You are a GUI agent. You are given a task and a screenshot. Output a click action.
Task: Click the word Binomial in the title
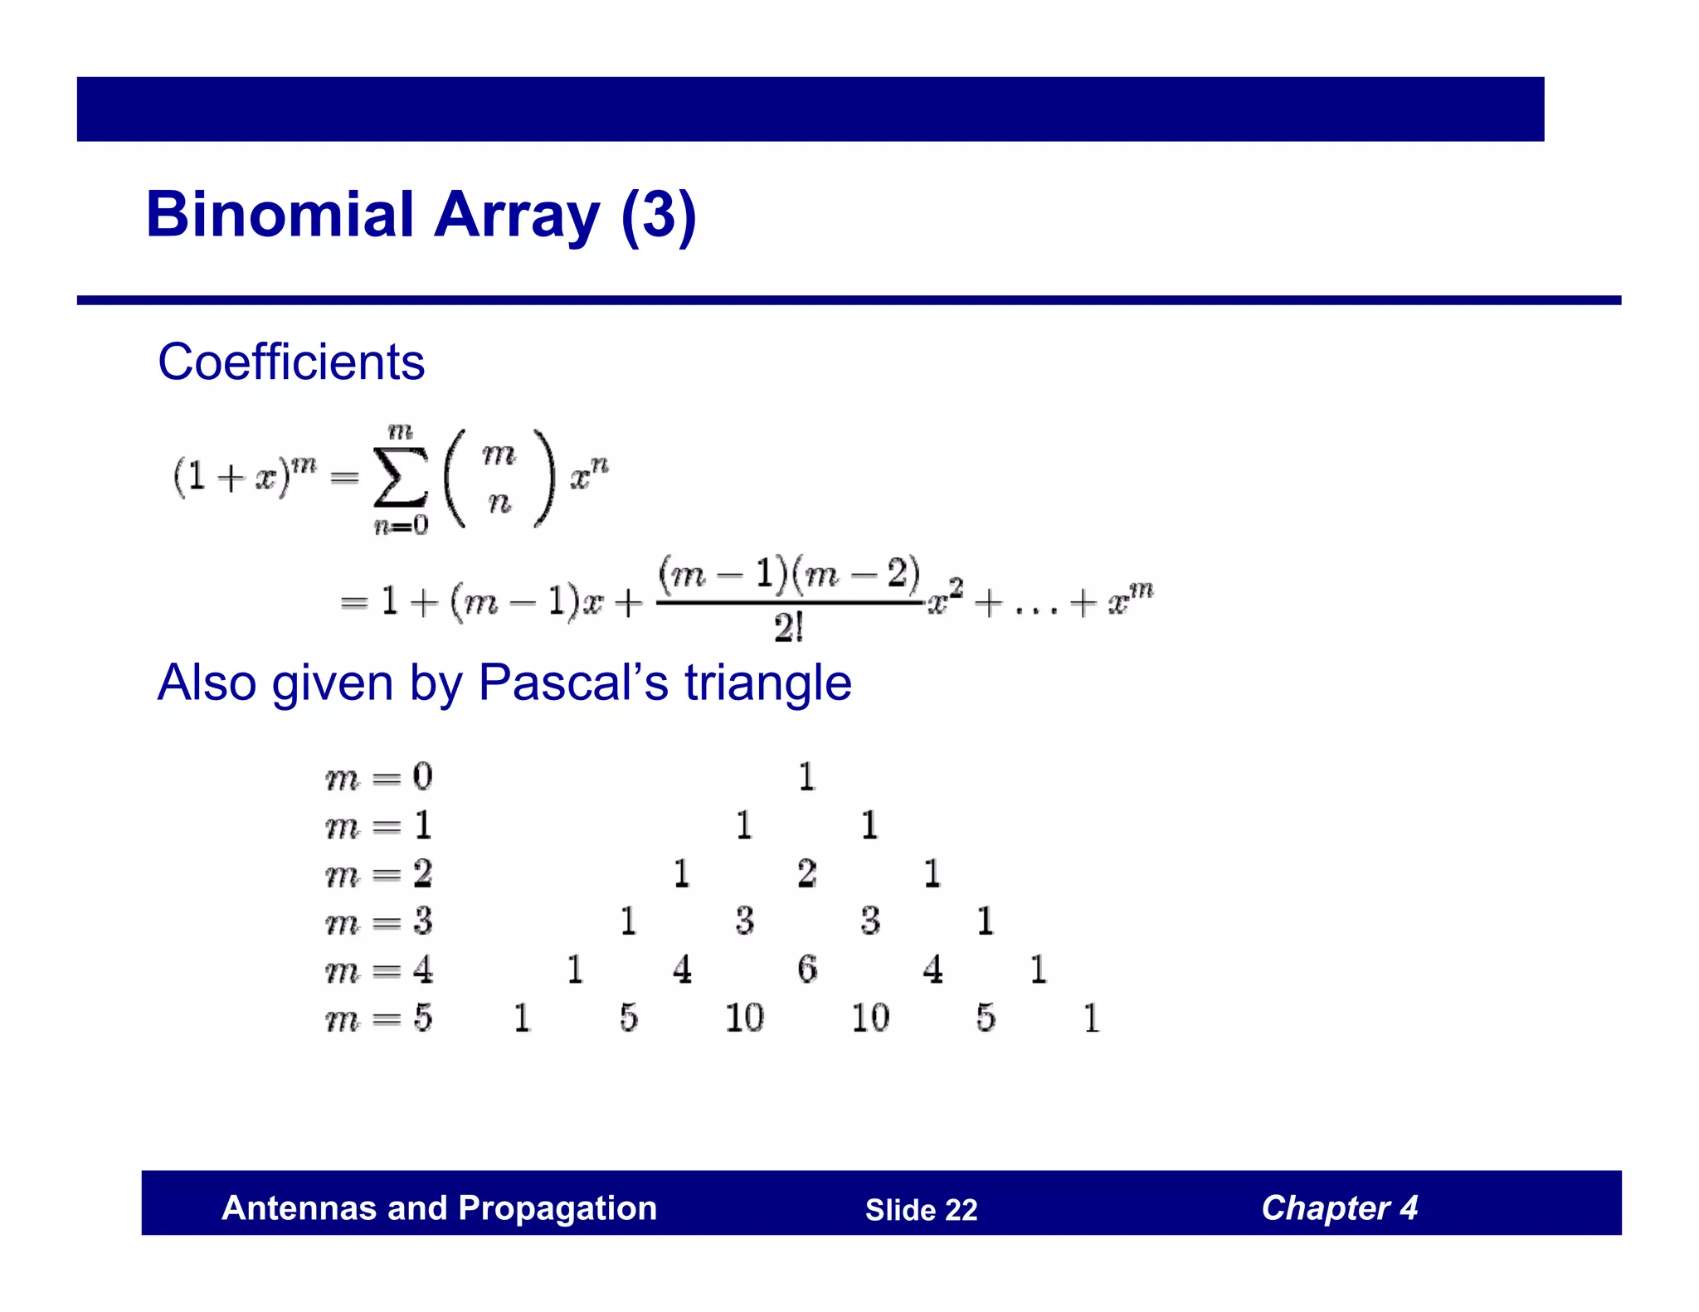tap(280, 214)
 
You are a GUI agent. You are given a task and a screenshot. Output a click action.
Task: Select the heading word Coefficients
tap(291, 362)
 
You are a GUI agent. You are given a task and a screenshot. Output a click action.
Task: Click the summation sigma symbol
tap(401, 477)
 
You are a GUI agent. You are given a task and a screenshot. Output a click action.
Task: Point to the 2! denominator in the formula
tap(788, 628)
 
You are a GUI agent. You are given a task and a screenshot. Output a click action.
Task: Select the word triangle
tap(767, 683)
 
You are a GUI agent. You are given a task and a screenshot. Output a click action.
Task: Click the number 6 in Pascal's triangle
tap(807, 969)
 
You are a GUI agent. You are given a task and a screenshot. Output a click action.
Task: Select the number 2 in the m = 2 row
tap(807, 873)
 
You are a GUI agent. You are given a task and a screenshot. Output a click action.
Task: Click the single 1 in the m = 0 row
tap(807, 777)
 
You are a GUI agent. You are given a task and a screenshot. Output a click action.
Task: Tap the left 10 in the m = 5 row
tap(744, 1018)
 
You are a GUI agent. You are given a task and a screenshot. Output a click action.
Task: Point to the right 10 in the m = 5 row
tap(870, 1018)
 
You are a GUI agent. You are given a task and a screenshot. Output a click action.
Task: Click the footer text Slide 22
tap(921, 1210)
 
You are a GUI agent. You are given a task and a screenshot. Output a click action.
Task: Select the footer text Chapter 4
tap(1339, 1208)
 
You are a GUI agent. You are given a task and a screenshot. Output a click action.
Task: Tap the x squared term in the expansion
tap(945, 600)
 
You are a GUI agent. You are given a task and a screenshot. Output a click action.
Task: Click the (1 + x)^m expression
tap(244, 476)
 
